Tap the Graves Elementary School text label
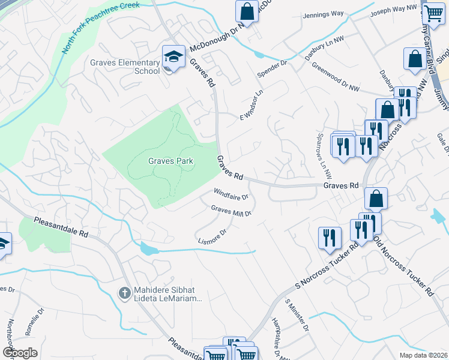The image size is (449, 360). pyautogui.click(x=125, y=66)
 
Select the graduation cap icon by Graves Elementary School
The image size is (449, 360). pyautogui.click(x=173, y=57)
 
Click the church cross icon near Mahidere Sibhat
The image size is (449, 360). pyautogui.click(x=125, y=292)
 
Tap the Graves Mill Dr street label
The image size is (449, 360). pyautogui.click(x=231, y=211)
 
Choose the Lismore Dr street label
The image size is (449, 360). pyautogui.click(x=212, y=236)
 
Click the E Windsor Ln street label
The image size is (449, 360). pyautogui.click(x=252, y=106)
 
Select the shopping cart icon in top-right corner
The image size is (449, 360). pyautogui.click(x=432, y=11)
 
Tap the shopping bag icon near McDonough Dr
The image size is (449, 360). pyautogui.click(x=247, y=10)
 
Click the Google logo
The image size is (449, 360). pyautogui.click(x=19, y=353)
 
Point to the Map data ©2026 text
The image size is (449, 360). pyautogui.click(x=423, y=355)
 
